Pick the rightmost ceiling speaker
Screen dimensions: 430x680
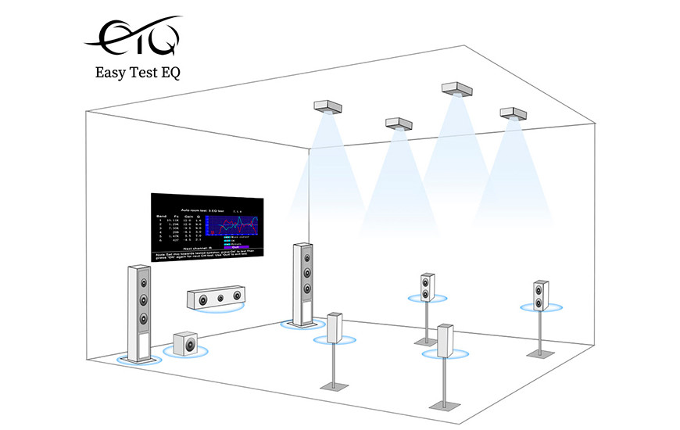pos(515,113)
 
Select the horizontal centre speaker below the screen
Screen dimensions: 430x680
pos(212,299)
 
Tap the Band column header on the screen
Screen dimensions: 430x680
pos(161,215)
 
